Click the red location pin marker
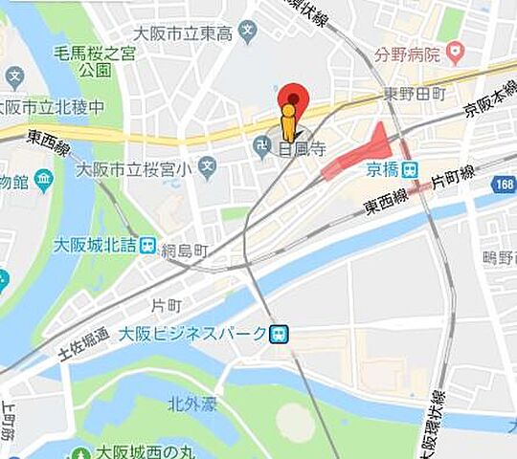point(293,99)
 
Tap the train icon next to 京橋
point(410,169)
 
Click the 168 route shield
point(504,184)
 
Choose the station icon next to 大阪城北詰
point(147,245)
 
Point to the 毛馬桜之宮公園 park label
point(96,59)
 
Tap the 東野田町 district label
point(415,94)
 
